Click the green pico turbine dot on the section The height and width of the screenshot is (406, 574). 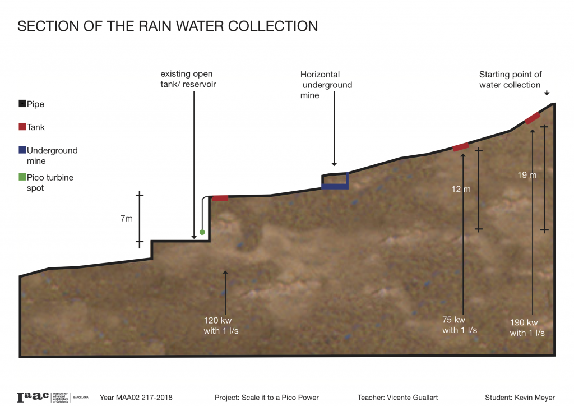pyautogui.click(x=202, y=232)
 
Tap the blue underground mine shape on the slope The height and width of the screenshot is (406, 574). pyautogui.click(x=335, y=186)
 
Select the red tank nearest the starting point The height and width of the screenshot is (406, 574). pyautogui.click(x=532, y=118)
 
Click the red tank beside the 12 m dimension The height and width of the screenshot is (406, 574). pyautogui.click(x=460, y=147)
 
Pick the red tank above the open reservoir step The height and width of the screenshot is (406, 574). pyautogui.click(x=220, y=198)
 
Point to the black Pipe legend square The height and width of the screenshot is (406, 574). pyautogui.click(x=22, y=104)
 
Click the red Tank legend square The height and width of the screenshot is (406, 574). pyautogui.click(x=22, y=127)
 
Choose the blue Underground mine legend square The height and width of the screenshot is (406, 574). pyautogui.click(x=22, y=150)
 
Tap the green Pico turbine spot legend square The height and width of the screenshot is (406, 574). pyautogui.click(x=22, y=177)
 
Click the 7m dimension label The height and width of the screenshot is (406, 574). pyautogui.click(x=126, y=219)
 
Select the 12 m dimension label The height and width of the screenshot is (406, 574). pyautogui.click(x=461, y=189)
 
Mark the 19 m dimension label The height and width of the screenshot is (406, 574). pyautogui.click(x=527, y=175)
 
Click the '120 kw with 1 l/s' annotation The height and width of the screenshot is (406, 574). pyautogui.click(x=225, y=326)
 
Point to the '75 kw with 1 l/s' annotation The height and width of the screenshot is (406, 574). pyautogui.click(x=460, y=325)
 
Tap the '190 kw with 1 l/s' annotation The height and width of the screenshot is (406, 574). pyautogui.click(x=527, y=327)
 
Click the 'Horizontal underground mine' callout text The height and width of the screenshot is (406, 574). pyautogui.click(x=326, y=85)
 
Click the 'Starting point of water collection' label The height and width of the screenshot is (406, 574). pyautogui.click(x=510, y=80)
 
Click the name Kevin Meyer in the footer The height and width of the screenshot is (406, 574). pyautogui.click(x=533, y=398)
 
